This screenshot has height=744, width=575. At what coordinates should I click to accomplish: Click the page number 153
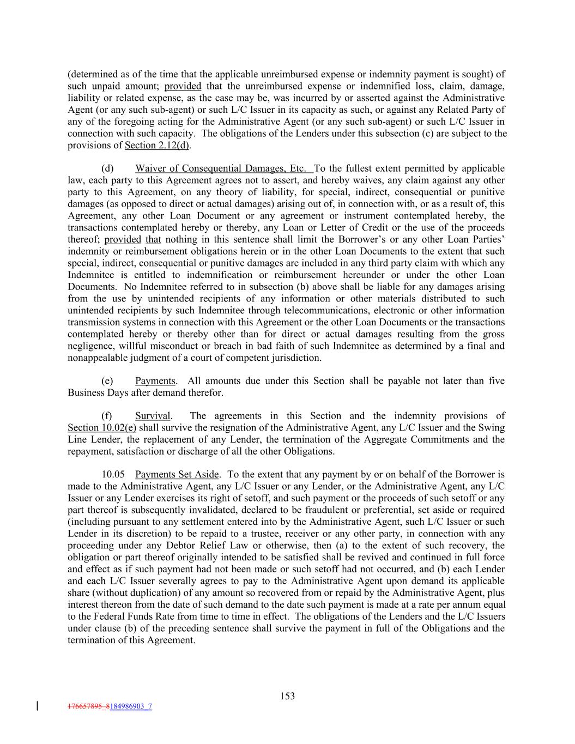coord(287,696)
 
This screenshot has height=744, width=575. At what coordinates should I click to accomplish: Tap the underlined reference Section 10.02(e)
coord(102,428)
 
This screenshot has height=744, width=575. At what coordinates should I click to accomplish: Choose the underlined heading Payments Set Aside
coord(177,475)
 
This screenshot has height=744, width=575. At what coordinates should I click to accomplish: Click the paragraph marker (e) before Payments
coord(107,381)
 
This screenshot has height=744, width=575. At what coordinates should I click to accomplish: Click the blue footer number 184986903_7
coord(131,706)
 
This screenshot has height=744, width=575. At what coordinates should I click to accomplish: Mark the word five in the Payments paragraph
coord(497,381)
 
